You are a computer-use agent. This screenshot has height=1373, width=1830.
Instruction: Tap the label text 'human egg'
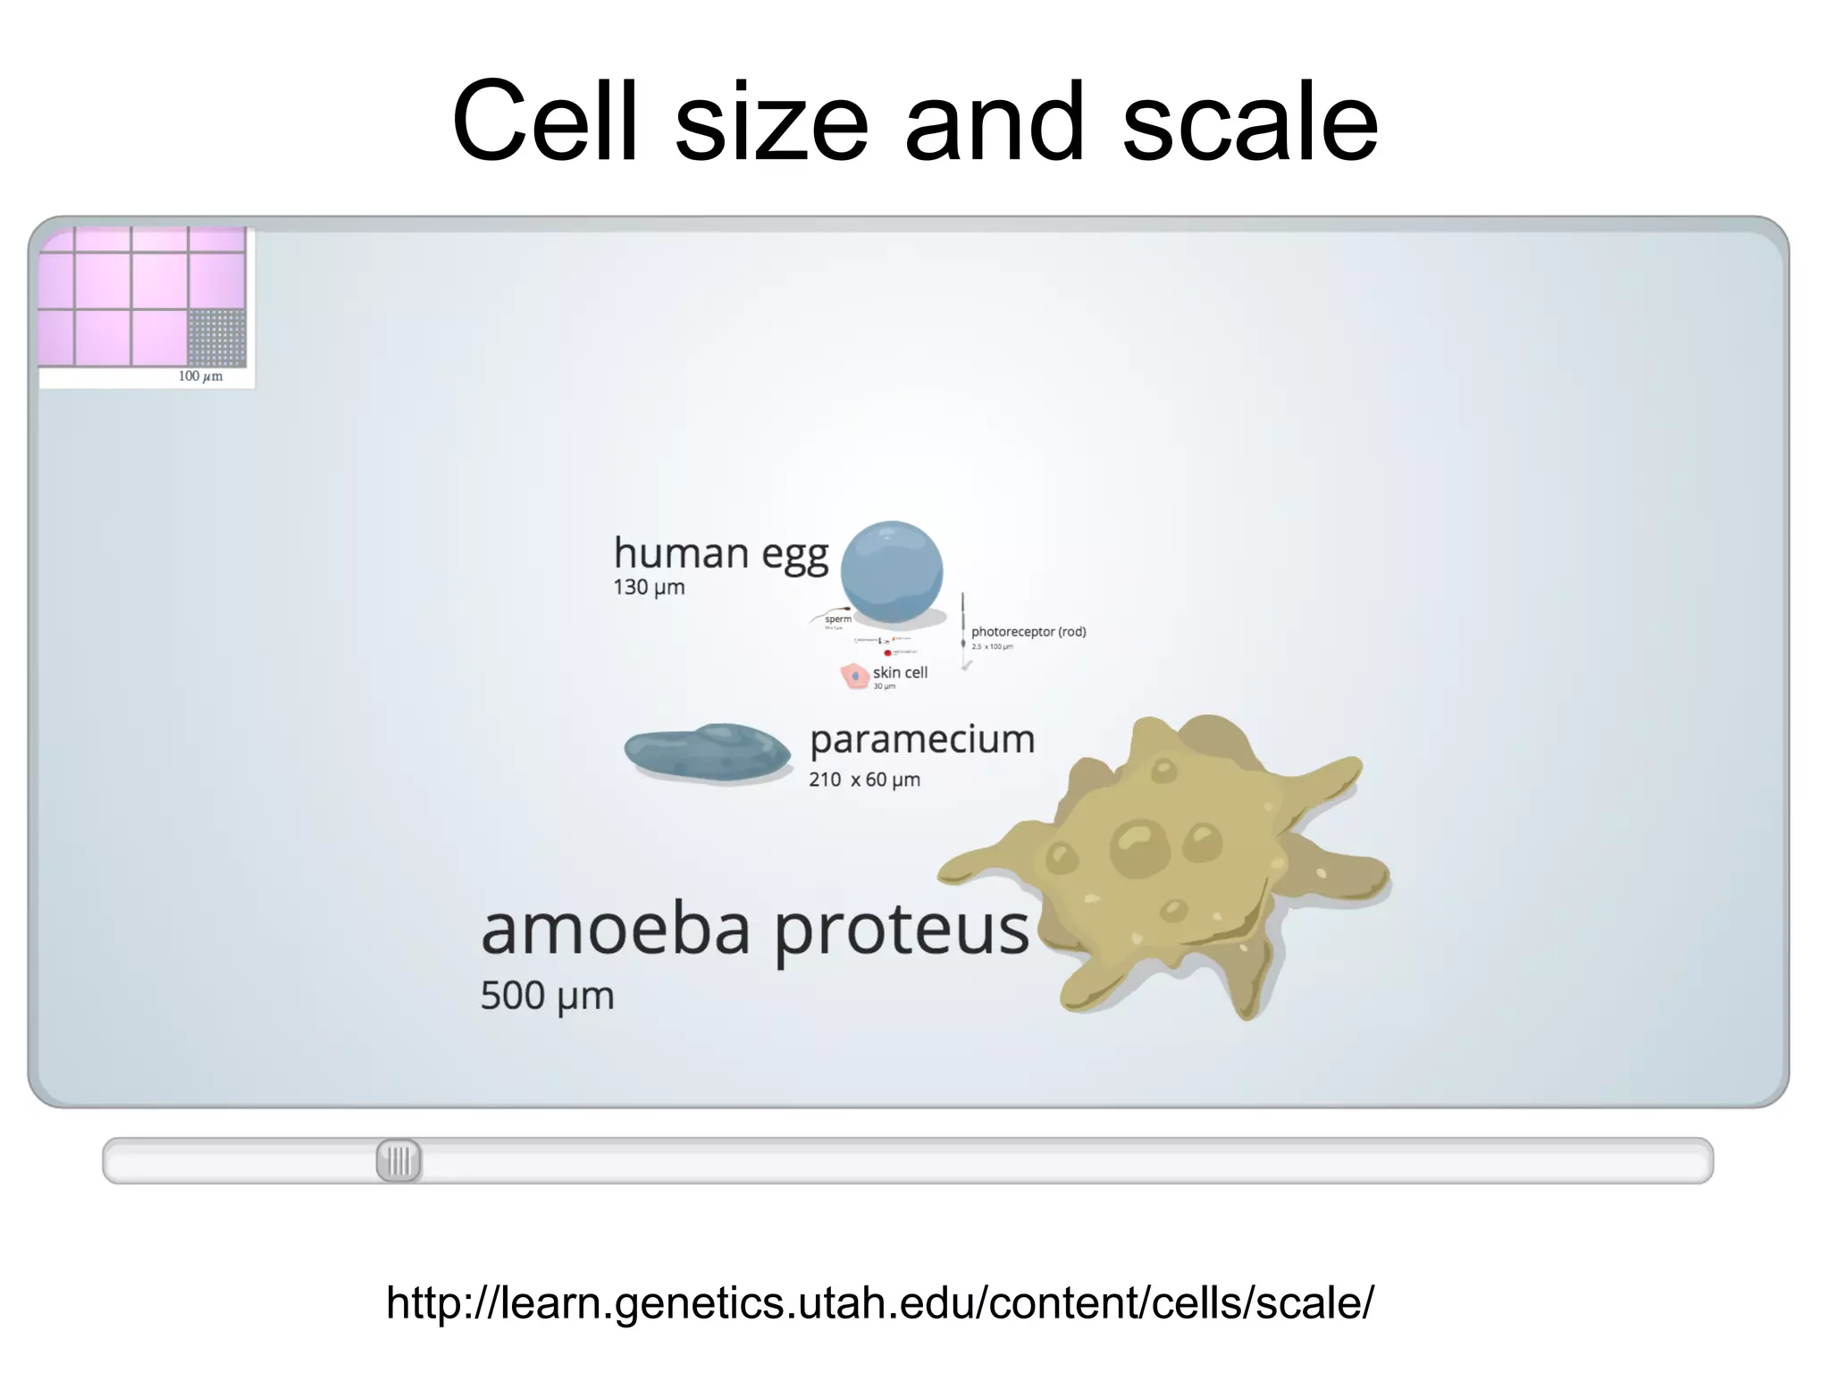point(720,553)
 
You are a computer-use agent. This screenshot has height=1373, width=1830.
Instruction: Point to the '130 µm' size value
point(649,588)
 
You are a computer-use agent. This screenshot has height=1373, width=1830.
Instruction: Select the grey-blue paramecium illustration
point(707,752)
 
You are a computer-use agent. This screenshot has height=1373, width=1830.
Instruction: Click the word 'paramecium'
point(921,740)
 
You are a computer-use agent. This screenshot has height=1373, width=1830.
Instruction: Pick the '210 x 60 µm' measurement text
point(864,779)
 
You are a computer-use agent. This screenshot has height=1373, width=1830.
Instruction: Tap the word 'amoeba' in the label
point(616,931)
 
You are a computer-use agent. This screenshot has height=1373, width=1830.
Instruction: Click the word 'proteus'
point(901,932)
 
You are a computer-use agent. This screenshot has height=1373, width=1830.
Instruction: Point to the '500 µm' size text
point(547,996)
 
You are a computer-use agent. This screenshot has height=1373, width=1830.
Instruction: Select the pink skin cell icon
point(854,675)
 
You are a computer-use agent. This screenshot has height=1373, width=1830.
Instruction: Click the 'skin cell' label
point(900,672)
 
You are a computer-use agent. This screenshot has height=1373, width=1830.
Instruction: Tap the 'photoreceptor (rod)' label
point(1028,632)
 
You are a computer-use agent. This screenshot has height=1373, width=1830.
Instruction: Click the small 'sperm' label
point(838,619)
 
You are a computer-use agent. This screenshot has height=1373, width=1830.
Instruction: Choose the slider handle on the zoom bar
point(399,1161)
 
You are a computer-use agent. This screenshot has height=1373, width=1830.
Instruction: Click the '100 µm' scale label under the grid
point(200,376)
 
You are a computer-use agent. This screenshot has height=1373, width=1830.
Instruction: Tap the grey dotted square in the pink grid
point(217,338)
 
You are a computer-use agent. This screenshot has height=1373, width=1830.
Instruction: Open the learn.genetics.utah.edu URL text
point(879,1302)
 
